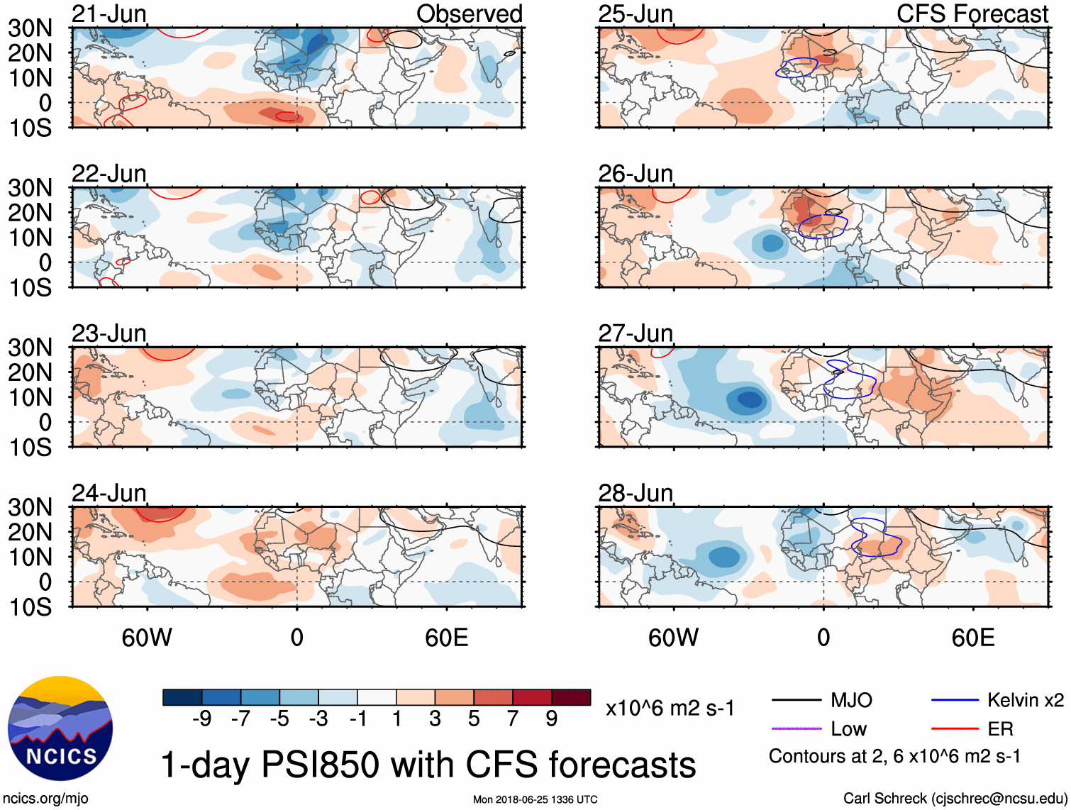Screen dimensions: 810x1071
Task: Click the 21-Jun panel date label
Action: pos(109,13)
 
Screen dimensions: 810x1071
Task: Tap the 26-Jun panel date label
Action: pos(636,174)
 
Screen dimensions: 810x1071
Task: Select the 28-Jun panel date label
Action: pos(636,493)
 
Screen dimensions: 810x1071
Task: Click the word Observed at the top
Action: pos(469,13)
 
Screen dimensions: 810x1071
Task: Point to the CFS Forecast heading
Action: pos(972,13)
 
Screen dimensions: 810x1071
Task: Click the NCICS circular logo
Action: pos(60,728)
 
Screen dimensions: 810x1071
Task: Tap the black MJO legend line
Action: pos(796,701)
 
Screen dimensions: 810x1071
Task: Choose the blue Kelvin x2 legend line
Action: pos(955,701)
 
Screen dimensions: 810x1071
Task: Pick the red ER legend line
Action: pos(955,728)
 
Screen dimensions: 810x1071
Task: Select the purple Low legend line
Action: pos(796,728)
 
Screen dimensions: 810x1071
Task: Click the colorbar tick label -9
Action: pos(201,719)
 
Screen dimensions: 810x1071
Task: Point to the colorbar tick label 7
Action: pos(512,719)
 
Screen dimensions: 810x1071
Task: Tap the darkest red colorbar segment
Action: pos(571,697)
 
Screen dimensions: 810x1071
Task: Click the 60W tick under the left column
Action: pos(147,638)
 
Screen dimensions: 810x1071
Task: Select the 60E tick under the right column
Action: pos(972,638)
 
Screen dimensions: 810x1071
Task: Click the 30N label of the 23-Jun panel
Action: pos(30,348)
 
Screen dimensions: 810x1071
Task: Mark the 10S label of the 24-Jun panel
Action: pos(30,607)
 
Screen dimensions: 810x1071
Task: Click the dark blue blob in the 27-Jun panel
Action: pos(748,399)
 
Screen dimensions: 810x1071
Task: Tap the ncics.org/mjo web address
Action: pos(45,799)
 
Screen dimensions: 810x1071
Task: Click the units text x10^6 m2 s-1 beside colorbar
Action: pos(670,708)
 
